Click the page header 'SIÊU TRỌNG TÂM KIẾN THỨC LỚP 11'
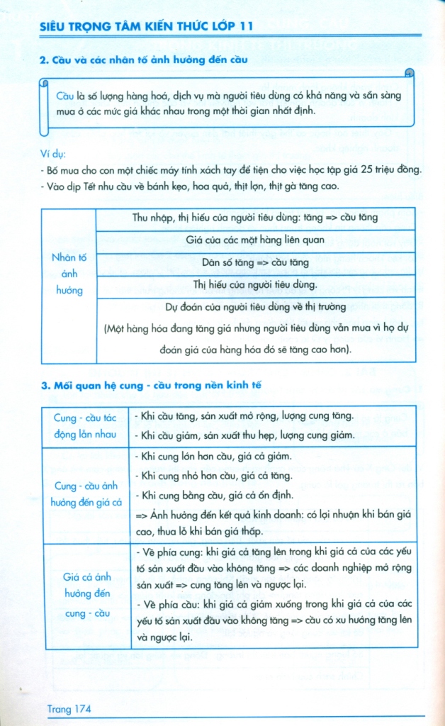click(x=148, y=26)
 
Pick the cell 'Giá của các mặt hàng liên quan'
click(x=255, y=240)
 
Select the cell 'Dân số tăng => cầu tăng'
click(x=255, y=262)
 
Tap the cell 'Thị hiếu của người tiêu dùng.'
click(x=255, y=285)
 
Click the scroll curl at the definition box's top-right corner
click(x=409, y=74)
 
